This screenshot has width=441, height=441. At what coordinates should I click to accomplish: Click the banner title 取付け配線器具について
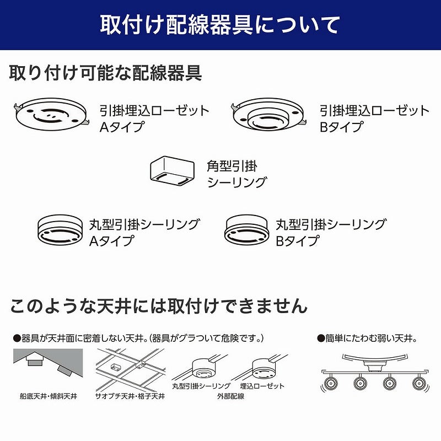pyautogui.click(x=220, y=25)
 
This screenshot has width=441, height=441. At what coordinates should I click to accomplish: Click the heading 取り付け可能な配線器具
pyautogui.click(x=105, y=73)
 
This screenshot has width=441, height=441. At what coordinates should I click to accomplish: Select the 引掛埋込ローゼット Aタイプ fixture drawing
pyautogui.click(x=52, y=115)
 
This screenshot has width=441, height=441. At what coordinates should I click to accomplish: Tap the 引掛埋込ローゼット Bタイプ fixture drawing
pyautogui.click(x=269, y=115)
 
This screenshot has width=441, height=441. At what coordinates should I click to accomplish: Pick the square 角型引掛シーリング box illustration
pyautogui.click(x=172, y=173)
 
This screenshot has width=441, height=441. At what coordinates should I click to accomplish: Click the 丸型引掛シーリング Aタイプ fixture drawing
pyautogui.click(x=60, y=230)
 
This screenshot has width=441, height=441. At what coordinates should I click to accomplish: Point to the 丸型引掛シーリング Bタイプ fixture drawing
pyautogui.click(x=246, y=230)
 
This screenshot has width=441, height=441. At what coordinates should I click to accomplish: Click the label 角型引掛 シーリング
pyautogui.click(x=236, y=174)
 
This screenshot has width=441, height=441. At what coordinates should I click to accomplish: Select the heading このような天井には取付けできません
pyautogui.click(x=159, y=306)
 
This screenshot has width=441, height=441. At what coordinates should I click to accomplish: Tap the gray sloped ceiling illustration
pyautogui.click(x=48, y=362)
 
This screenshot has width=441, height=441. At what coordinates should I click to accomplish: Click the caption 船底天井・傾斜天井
pyautogui.click(x=49, y=396)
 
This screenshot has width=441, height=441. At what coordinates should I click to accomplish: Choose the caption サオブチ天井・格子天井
pyautogui.click(x=130, y=396)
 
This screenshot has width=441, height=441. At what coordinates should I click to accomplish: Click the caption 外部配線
pyautogui.click(x=230, y=396)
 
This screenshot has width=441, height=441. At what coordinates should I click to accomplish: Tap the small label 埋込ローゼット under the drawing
pyautogui.click(x=262, y=386)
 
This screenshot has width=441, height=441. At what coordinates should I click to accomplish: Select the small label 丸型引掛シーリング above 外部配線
pyautogui.click(x=201, y=386)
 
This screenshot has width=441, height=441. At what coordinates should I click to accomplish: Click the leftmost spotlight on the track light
pyautogui.click(x=330, y=383)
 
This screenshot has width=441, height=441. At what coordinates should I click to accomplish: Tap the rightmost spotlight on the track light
pyautogui.click(x=420, y=383)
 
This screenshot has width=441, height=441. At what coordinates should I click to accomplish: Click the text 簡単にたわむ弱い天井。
pyautogui.click(x=367, y=338)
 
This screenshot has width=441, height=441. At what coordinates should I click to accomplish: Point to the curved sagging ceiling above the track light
pyautogui.click(x=375, y=359)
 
